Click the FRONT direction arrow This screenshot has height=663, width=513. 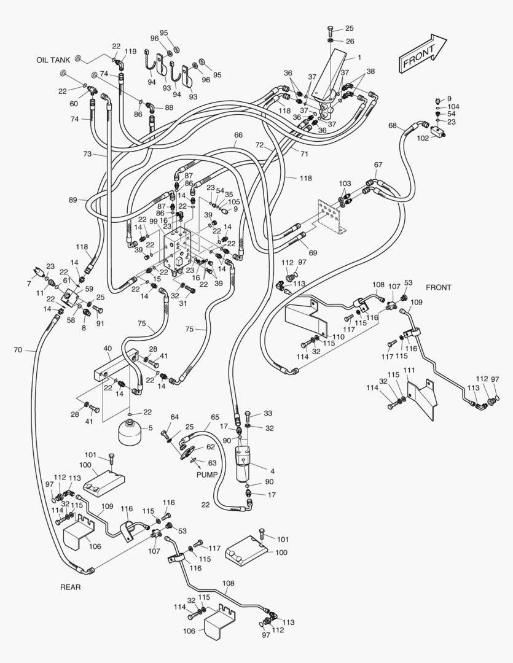click(423, 53)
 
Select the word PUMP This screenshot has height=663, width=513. click(207, 475)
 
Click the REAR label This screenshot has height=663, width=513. click(71, 587)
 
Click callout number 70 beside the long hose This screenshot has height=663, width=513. click(17, 350)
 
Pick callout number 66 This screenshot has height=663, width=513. click(238, 135)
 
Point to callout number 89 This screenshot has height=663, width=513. click(73, 200)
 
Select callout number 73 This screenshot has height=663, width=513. click(87, 153)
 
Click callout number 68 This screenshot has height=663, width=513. click(393, 126)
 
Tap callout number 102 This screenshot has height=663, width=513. click(423, 138)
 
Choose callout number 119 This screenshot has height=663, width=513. click(131, 52)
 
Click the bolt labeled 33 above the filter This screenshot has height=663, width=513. click(248, 416)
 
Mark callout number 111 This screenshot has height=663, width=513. click(409, 370)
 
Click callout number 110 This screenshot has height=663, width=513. click(339, 337)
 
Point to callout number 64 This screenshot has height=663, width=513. click(174, 417)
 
